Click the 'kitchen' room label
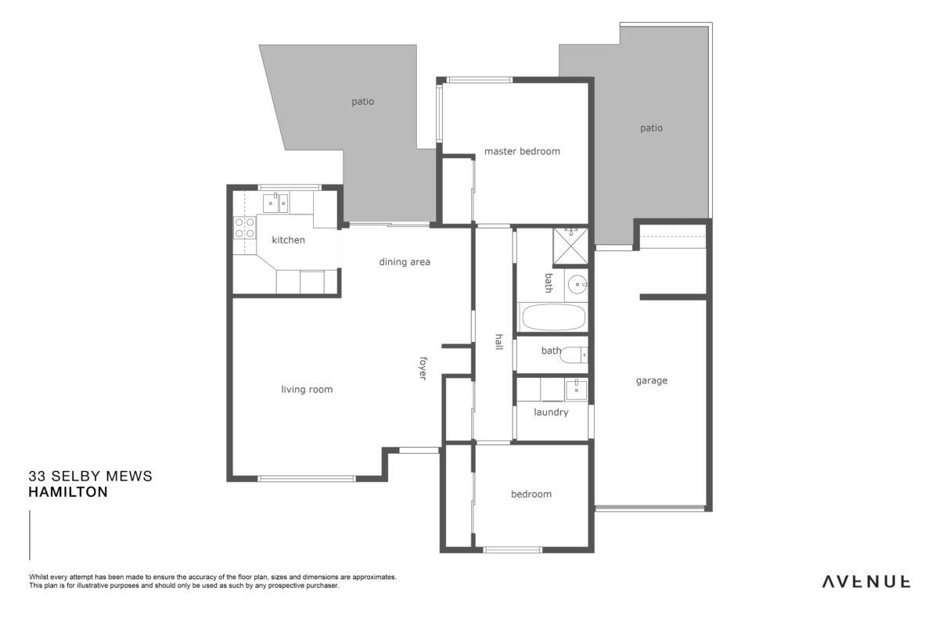coord(289,239)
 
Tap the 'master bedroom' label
coord(522,151)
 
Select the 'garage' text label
coord(651,381)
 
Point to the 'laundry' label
coord(551,412)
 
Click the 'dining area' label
coord(405,262)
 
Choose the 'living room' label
coord(307,390)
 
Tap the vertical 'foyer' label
coord(423,369)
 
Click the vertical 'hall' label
coord(499,342)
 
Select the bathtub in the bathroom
coord(553,318)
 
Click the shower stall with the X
coord(570,246)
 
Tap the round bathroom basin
coord(577,284)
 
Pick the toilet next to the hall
coord(574,355)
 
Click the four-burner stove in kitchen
coord(244,228)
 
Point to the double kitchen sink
coord(275,203)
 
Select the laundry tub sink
coord(577,390)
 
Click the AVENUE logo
coord(866,581)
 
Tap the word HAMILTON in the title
coord(68,492)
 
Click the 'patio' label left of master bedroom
coord(363,102)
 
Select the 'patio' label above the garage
coord(651,128)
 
